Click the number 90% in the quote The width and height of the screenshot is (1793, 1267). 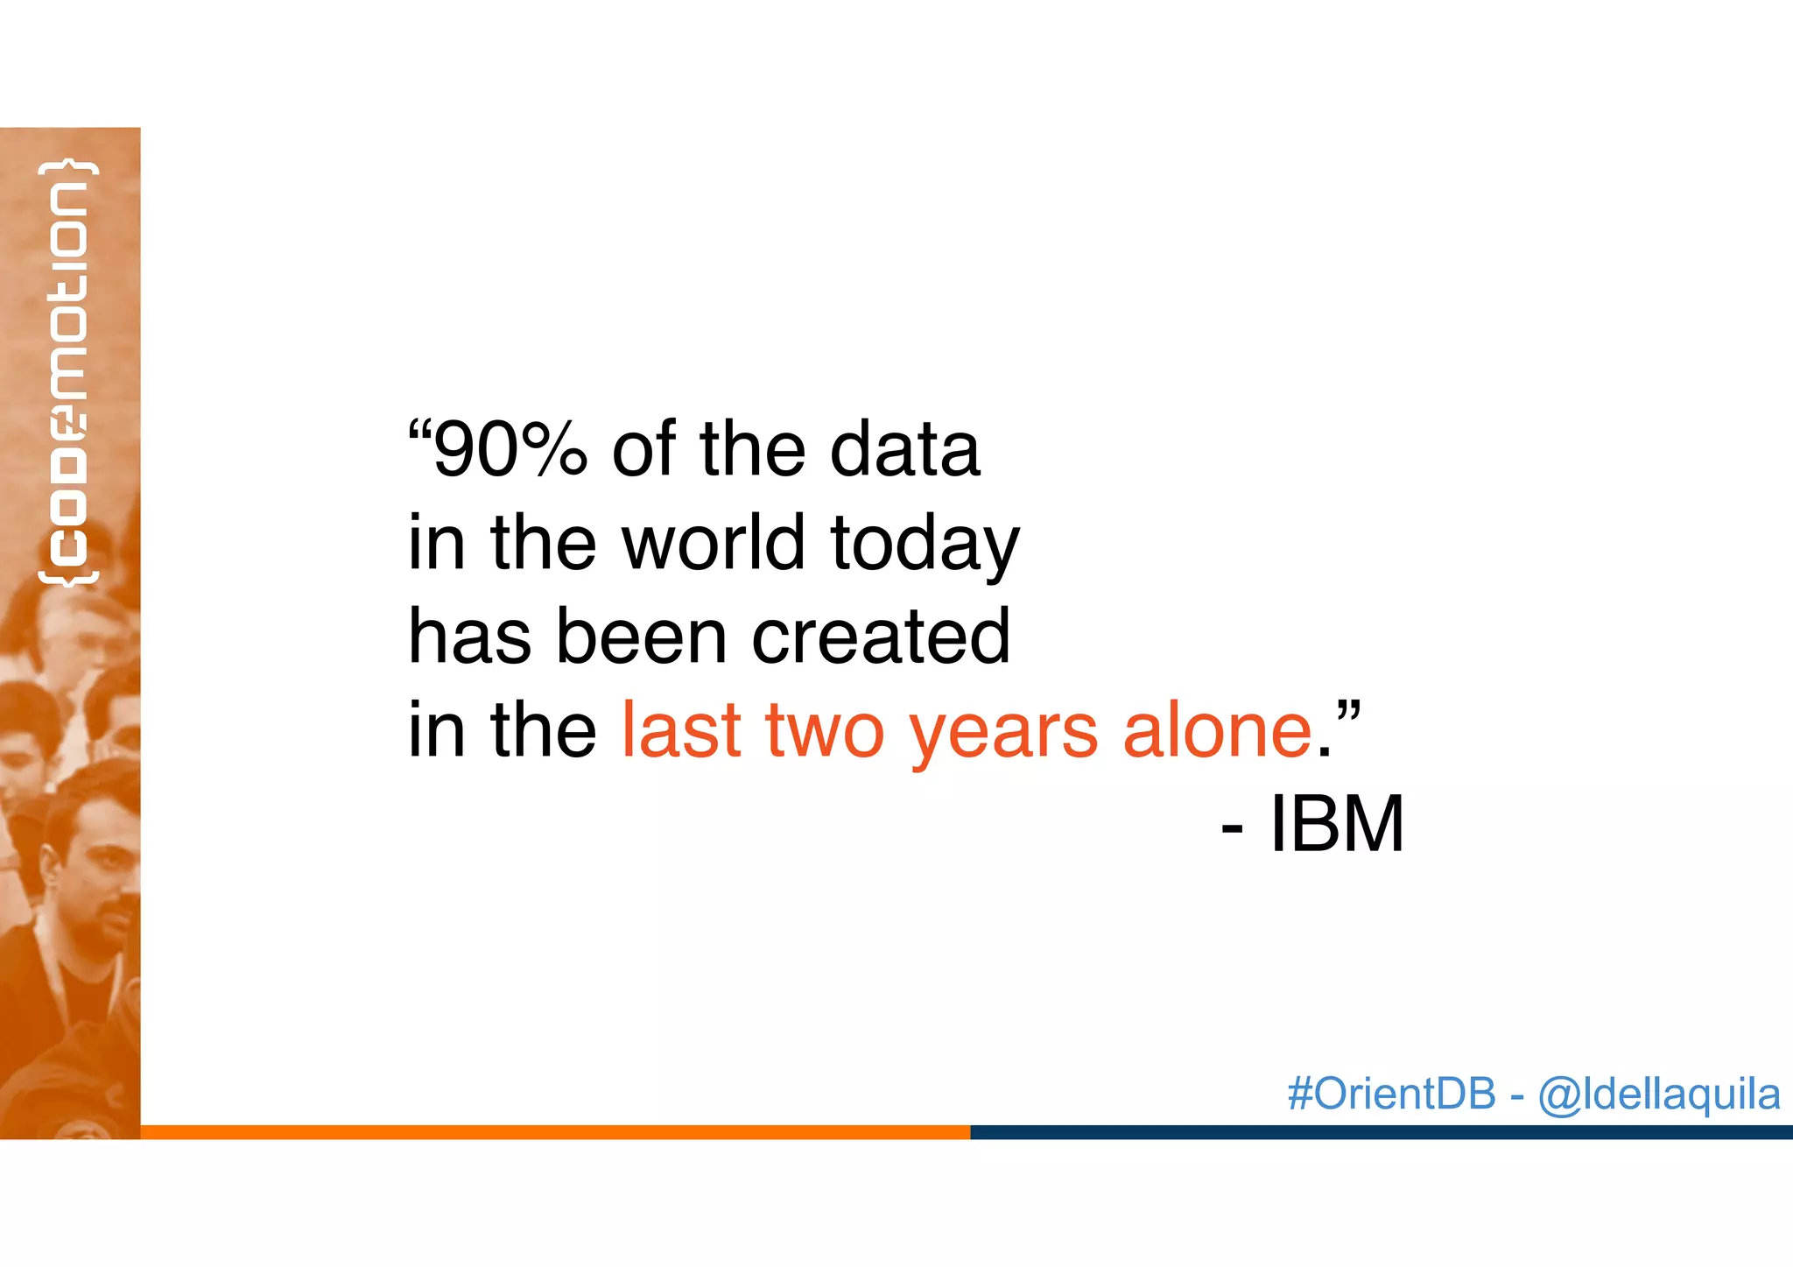pos(510,449)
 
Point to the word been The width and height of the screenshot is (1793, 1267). pos(641,637)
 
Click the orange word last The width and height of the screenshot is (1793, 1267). pos(681,730)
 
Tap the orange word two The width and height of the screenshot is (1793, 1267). pos(825,732)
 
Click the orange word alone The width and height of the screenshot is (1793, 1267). pos(1217,730)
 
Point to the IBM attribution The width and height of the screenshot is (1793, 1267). pos(1336,824)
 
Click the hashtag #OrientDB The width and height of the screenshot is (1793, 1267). pos(1391,1094)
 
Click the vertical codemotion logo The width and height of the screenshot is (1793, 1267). pos(68,372)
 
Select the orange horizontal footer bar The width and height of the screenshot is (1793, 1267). pos(555,1132)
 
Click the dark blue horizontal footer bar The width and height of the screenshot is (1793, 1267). pos(1381,1132)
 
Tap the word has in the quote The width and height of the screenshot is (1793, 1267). pos(469,637)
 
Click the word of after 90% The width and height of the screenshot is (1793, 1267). pos(643,449)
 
